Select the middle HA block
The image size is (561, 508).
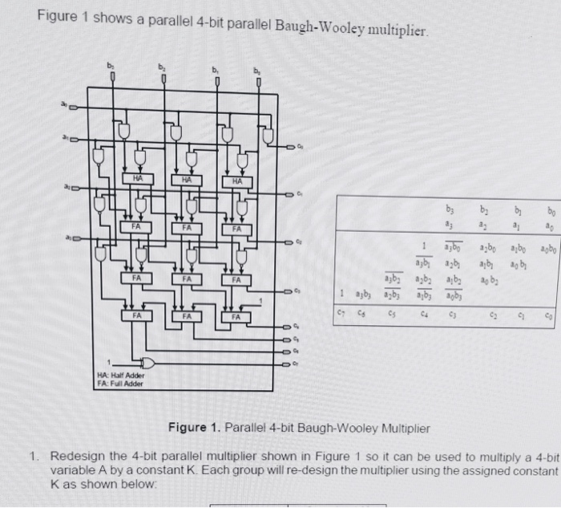click(x=186, y=180)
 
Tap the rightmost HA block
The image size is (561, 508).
click(x=237, y=182)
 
